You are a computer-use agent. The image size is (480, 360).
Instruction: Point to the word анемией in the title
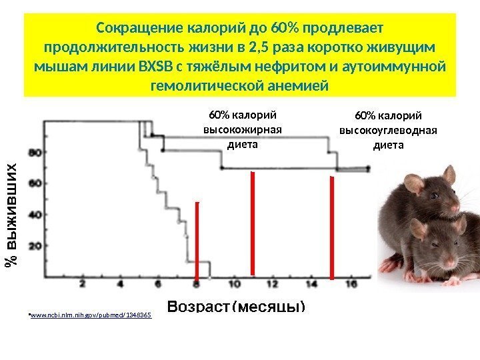tap(296, 87)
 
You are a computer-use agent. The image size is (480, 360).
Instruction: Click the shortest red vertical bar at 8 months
tap(197, 240)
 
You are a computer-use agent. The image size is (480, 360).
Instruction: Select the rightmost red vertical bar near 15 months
tap(331, 227)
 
